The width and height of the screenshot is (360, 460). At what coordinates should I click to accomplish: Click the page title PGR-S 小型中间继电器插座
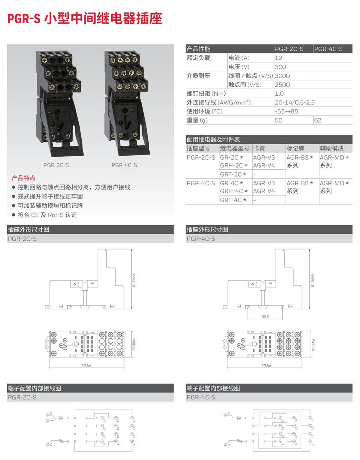[x=85, y=18]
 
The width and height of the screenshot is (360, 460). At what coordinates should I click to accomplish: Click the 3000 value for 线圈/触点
[x=282, y=76]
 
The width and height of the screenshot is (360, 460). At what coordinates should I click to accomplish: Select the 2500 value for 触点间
[x=282, y=84]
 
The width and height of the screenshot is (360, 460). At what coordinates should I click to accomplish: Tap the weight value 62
[x=318, y=120]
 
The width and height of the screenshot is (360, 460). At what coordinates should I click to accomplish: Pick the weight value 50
[x=279, y=120]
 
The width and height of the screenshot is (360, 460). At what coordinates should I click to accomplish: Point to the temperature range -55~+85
[x=286, y=111]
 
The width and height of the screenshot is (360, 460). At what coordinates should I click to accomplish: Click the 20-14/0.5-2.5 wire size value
[x=294, y=102]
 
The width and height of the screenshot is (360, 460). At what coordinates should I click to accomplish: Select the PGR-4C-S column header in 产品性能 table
[x=328, y=49]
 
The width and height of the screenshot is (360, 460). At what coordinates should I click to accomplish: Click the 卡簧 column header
[x=259, y=148]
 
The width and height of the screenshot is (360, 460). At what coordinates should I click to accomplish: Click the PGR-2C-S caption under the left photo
[x=54, y=165]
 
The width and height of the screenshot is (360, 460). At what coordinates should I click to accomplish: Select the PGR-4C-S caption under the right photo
[x=124, y=165]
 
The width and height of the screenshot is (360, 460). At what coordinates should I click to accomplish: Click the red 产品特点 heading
[x=24, y=178]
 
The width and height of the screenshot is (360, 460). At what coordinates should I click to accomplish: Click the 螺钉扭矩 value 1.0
[x=279, y=94]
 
